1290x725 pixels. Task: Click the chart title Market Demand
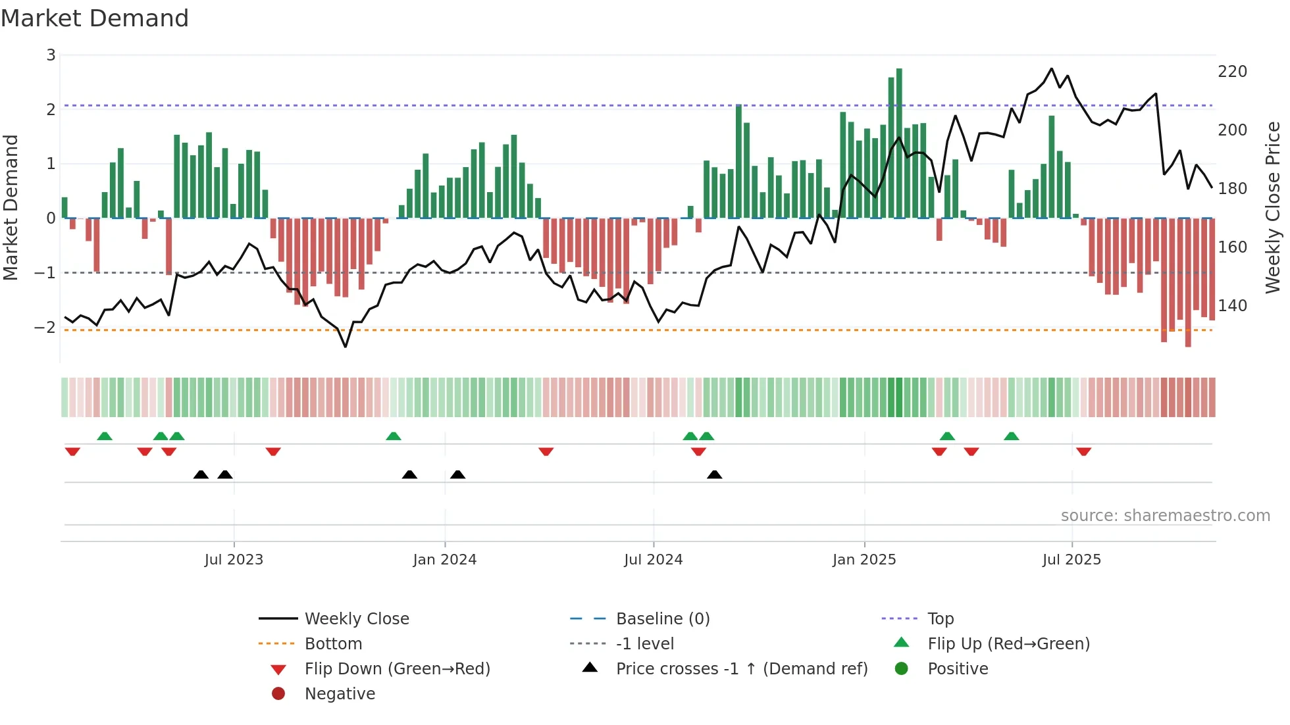point(95,18)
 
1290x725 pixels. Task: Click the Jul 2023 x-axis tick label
point(234,560)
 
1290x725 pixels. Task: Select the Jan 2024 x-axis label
point(444,560)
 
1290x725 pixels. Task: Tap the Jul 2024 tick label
point(653,560)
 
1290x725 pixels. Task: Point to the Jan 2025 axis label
point(864,560)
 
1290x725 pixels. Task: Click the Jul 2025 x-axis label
point(1071,560)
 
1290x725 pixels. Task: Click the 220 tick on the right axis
point(1232,72)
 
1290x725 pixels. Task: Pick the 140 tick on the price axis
point(1232,306)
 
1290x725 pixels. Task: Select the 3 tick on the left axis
point(51,55)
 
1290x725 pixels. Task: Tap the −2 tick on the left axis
point(45,327)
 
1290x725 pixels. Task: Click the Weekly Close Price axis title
point(1273,207)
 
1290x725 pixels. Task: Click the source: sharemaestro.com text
point(1165,516)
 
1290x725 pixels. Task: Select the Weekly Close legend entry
point(356,619)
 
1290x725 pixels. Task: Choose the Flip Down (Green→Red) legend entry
point(397,669)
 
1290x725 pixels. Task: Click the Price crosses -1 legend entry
point(741,669)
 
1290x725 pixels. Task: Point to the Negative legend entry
point(340,694)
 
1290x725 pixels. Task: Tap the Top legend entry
point(940,619)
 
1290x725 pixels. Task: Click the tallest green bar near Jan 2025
point(899,143)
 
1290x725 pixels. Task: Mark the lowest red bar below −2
point(1188,283)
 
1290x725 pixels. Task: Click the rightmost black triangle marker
point(714,474)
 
